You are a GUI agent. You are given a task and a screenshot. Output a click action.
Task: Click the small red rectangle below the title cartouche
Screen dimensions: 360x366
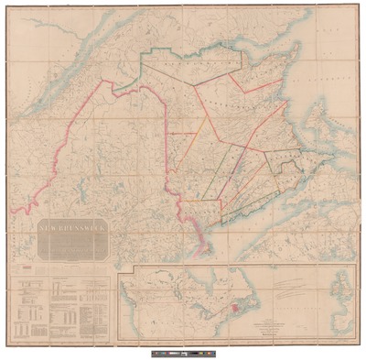(27, 267)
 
